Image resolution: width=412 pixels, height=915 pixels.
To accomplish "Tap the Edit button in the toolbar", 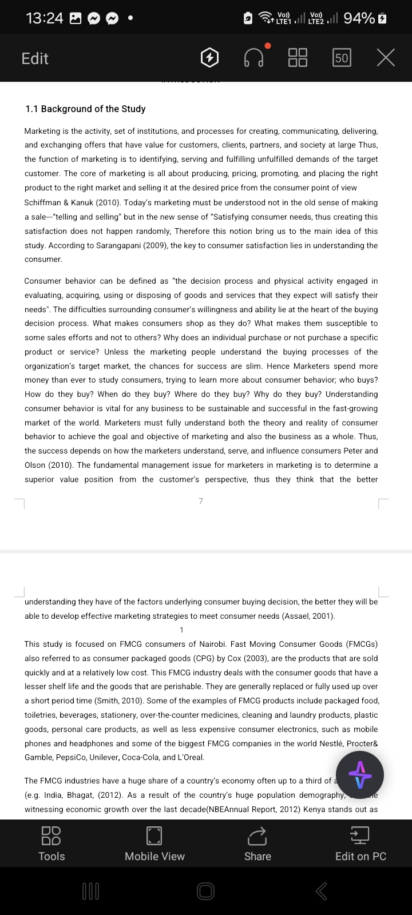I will (35, 58).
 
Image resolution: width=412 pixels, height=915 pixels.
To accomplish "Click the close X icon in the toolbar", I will (386, 57).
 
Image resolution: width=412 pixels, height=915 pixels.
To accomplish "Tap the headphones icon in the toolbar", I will (254, 57).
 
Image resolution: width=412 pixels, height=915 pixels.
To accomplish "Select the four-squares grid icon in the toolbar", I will (298, 57).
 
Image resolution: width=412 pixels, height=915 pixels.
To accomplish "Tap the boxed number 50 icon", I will (342, 58).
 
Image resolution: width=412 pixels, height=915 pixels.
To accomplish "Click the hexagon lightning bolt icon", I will (210, 57).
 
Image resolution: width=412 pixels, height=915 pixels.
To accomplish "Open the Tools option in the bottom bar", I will (51, 844).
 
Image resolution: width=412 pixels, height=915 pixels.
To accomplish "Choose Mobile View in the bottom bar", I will (154, 844).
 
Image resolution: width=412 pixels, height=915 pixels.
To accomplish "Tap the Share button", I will (257, 844).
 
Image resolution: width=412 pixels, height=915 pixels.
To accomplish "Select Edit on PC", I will (360, 844).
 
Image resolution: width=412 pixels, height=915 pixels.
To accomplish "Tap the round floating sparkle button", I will (360, 775).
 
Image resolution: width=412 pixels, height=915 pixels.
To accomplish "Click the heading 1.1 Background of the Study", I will (85, 109).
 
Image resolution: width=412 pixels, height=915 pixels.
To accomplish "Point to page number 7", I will (201, 501).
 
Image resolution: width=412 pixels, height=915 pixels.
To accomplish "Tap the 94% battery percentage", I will (359, 18).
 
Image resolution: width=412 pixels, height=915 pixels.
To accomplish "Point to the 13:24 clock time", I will (45, 18).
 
